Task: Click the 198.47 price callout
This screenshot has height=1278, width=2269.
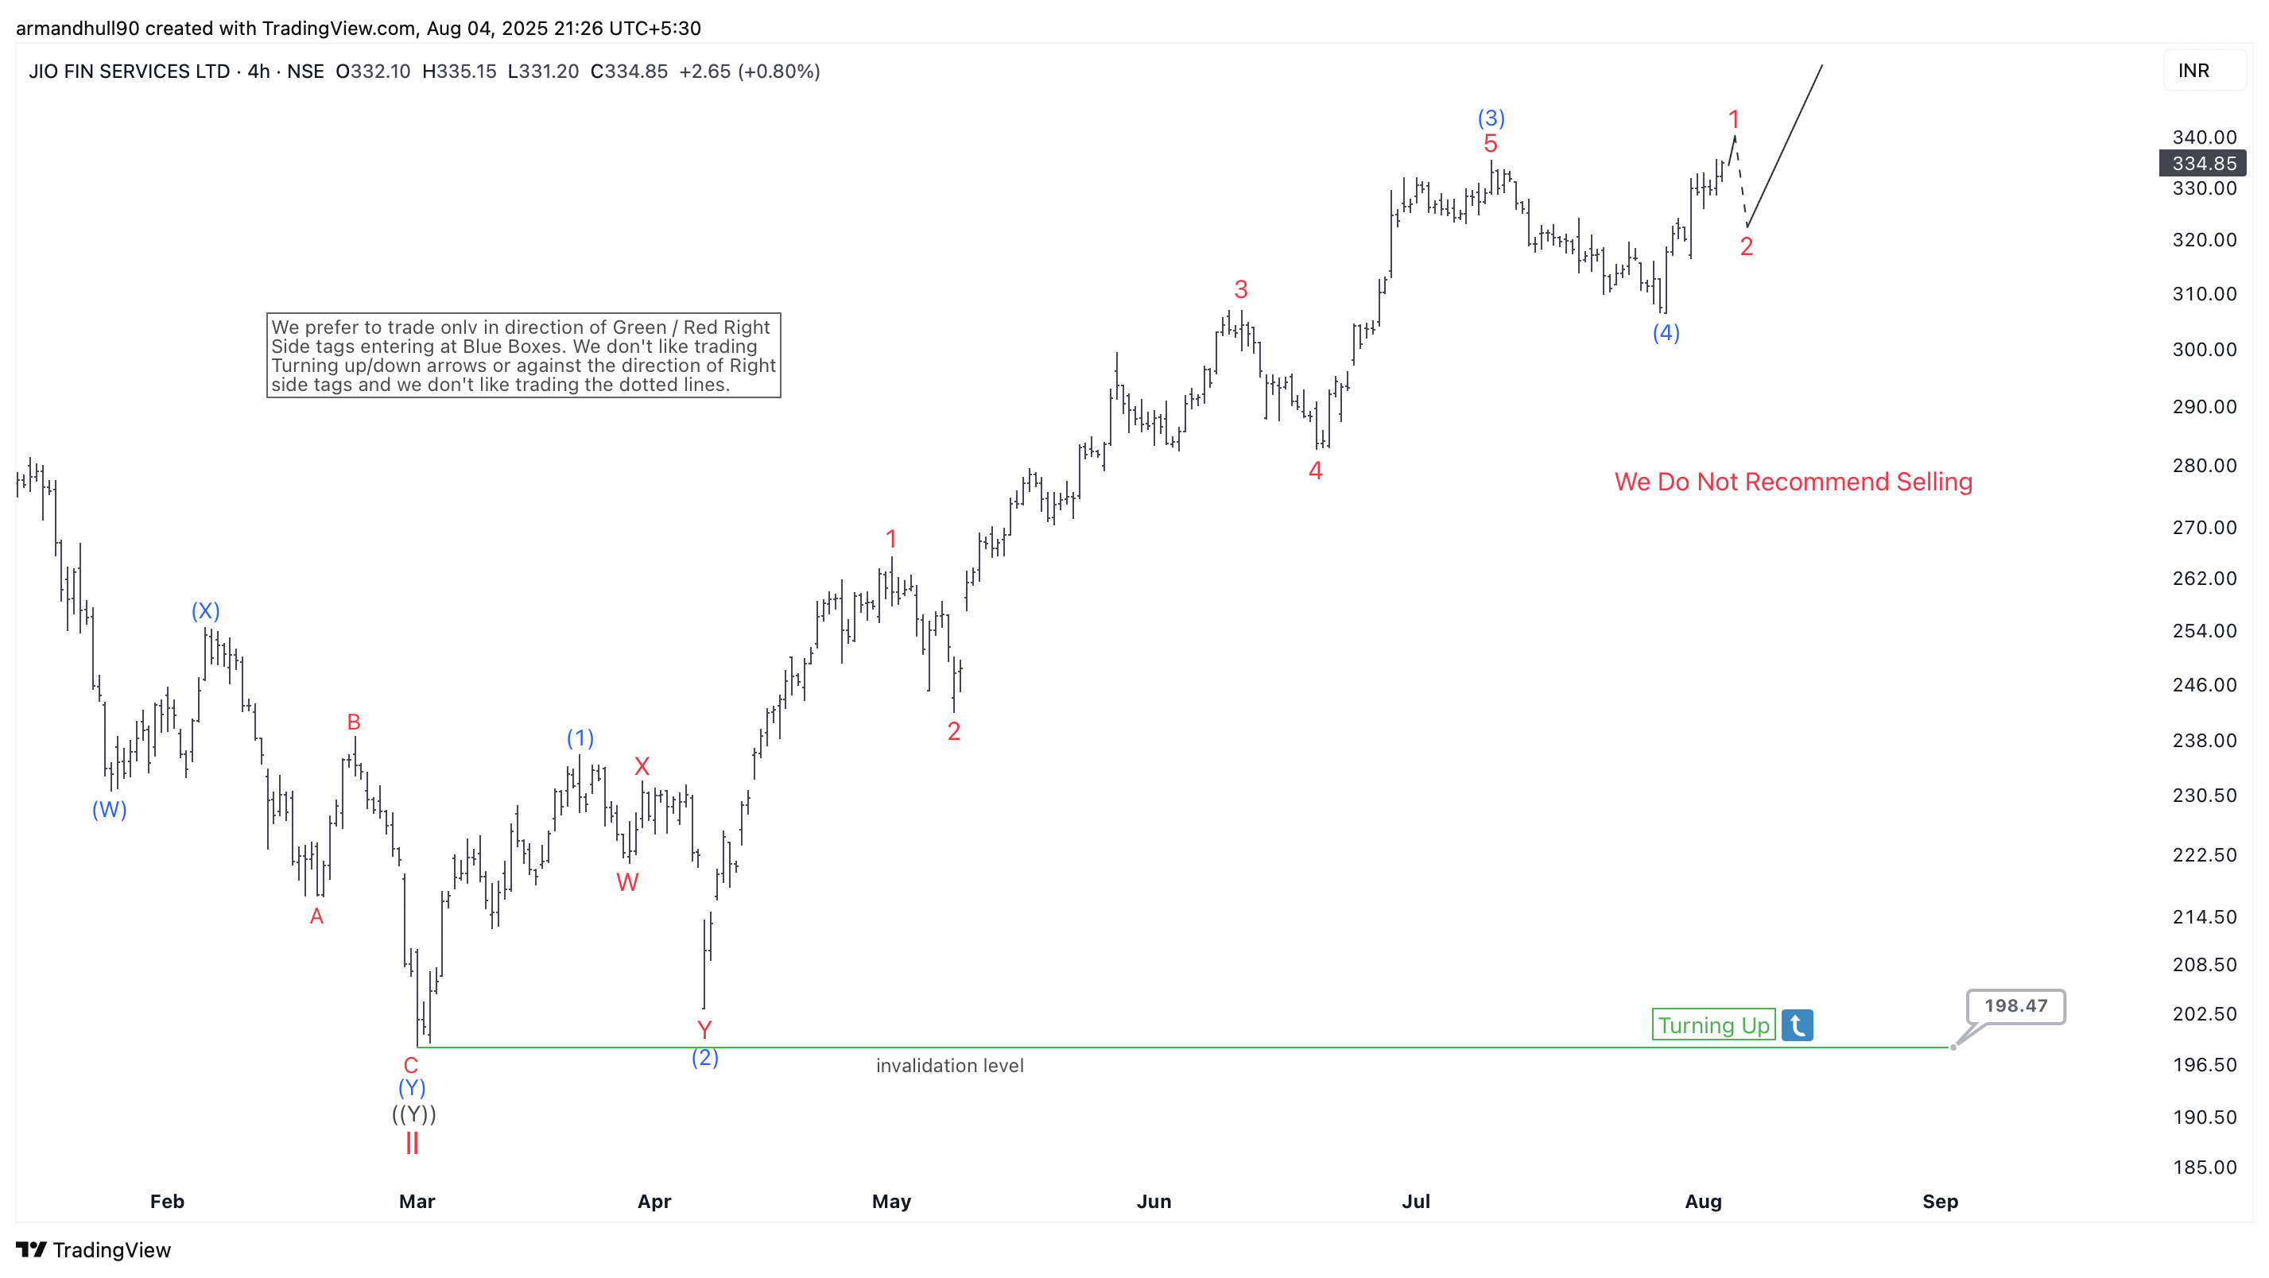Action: tap(2015, 1006)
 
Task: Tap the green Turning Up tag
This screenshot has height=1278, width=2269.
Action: tap(1713, 1025)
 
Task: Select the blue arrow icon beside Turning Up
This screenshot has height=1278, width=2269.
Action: tap(1797, 1025)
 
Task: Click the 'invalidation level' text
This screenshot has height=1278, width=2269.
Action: tap(949, 1066)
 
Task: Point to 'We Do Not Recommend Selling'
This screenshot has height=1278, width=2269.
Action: tap(1794, 482)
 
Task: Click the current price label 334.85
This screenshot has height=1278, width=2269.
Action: tap(2204, 163)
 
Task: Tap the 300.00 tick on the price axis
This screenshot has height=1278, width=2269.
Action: tap(2204, 350)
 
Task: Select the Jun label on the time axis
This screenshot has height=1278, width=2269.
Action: tap(1154, 1202)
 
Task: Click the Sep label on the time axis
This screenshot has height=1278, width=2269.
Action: tap(1940, 1202)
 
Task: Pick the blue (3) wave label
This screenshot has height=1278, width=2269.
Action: tap(1491, 118)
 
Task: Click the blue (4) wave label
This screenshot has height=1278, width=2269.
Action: tap(1666, 333)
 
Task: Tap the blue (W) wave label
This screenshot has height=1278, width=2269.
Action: tap(110, 809)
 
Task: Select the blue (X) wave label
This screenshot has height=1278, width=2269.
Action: tap(205, 610)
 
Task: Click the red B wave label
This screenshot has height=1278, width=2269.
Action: tap(354, 722)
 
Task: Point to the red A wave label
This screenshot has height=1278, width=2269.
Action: tap(317, 917)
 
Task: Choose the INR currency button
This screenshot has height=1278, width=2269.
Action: tap(2193, 72)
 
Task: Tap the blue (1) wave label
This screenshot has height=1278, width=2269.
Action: tap(580, 738)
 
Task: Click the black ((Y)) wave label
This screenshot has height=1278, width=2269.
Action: tap(414, 1114)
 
